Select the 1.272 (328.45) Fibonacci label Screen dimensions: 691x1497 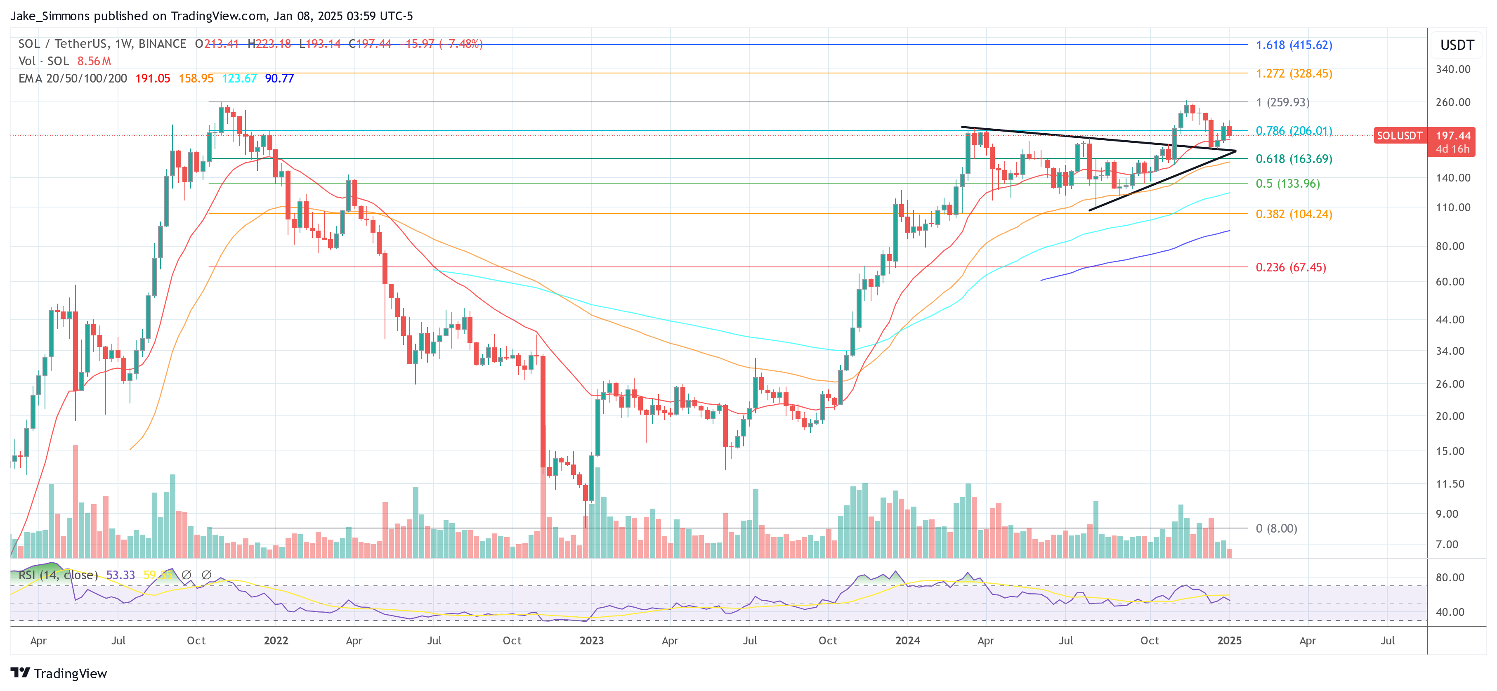click(x=1294, y=74)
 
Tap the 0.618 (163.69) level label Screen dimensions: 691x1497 click(x=1294, y=159)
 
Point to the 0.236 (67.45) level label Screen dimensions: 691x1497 click(x=1291, y=267)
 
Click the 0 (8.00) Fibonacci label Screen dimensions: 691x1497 click(x=1276, y=529)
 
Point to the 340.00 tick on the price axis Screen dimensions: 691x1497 click(x=1453, y=70)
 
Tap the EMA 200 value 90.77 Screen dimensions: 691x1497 click(x=279, y=78)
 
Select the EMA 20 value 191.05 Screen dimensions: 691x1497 click(x=153, y=78)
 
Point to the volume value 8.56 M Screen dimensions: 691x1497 click(x=94, y=61)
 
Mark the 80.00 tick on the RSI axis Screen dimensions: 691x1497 click(x=1450, y=578)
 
